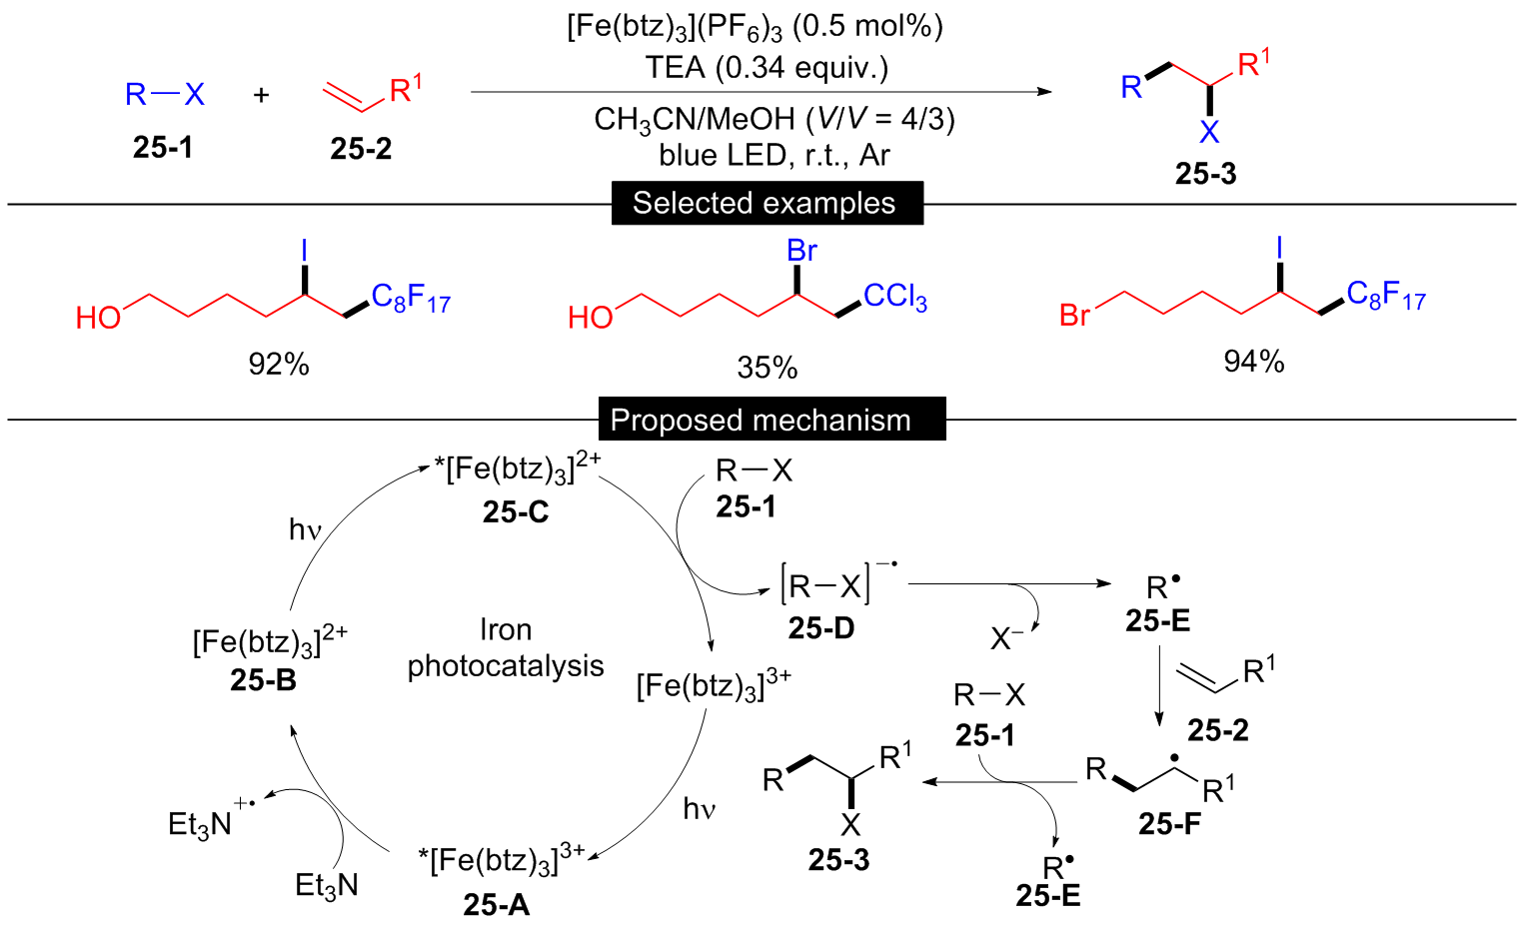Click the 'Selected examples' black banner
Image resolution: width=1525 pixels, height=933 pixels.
tap(765, 203)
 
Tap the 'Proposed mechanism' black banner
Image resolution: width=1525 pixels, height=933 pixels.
tap(761, 420)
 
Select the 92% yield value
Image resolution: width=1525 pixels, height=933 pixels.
tap(279, 365)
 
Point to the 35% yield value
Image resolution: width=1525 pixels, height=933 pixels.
tap(767, 368)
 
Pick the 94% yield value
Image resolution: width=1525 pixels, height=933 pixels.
tap(1254, 362)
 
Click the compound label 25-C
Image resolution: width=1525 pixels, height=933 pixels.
tap(516, 511)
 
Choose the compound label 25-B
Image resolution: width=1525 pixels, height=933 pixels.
tap(263, 680)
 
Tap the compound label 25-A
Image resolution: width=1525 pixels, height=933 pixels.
tap(497, 904)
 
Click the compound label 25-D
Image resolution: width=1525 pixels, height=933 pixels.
tap(821, 627)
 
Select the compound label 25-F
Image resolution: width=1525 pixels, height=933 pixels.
tap(1169, 823)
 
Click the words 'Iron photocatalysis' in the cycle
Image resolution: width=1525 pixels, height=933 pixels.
tap(506, 647)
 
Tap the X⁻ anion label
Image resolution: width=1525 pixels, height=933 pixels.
tap(1007, 637)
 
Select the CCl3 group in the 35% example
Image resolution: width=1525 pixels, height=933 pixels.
tap(895, 297)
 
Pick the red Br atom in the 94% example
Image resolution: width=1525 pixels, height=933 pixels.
tap(1074, 316)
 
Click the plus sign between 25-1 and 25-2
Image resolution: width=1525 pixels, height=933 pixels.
tap(262, 95)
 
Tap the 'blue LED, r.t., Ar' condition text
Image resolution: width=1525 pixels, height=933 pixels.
tap(774, 155)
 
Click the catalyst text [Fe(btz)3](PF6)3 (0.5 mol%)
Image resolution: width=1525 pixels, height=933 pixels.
tap(756, 27)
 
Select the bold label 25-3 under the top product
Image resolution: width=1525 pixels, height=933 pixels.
tap(1205, 174)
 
